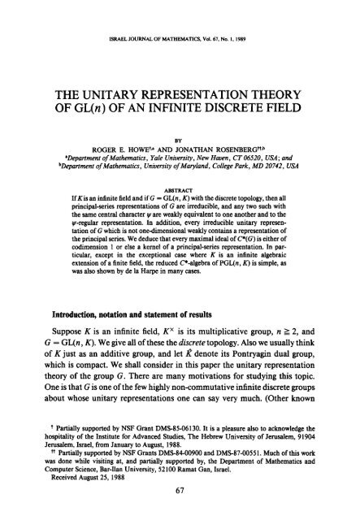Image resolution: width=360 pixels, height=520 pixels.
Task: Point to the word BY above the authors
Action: click(180, 128)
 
